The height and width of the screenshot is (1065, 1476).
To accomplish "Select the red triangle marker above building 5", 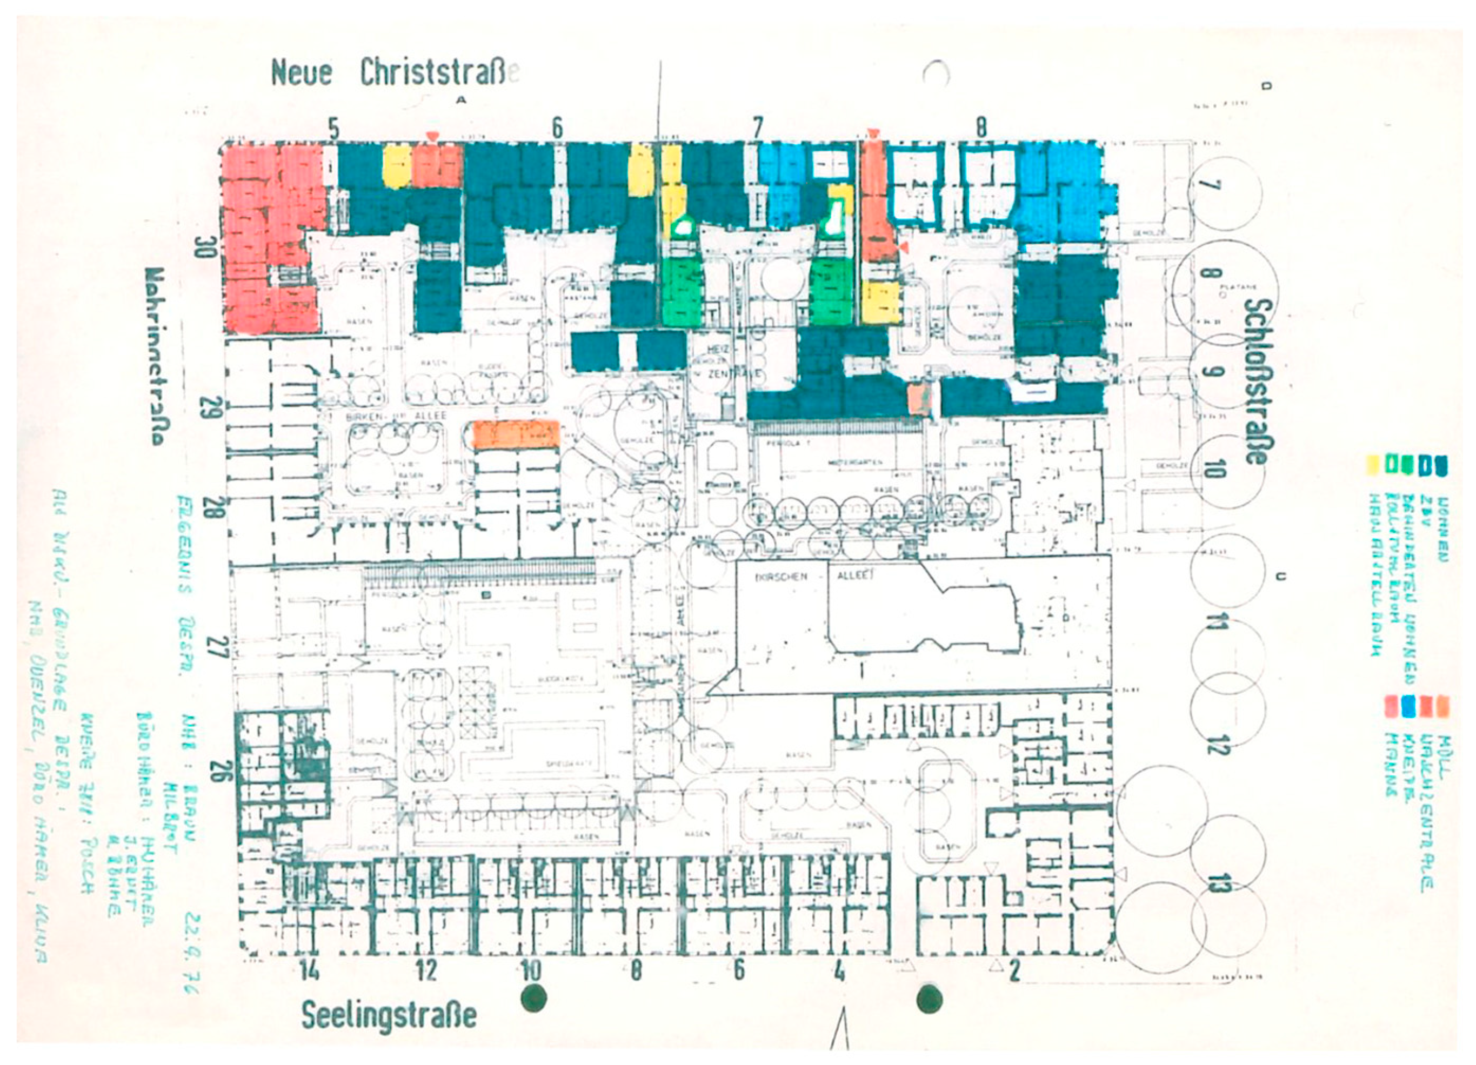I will pos(431,135).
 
